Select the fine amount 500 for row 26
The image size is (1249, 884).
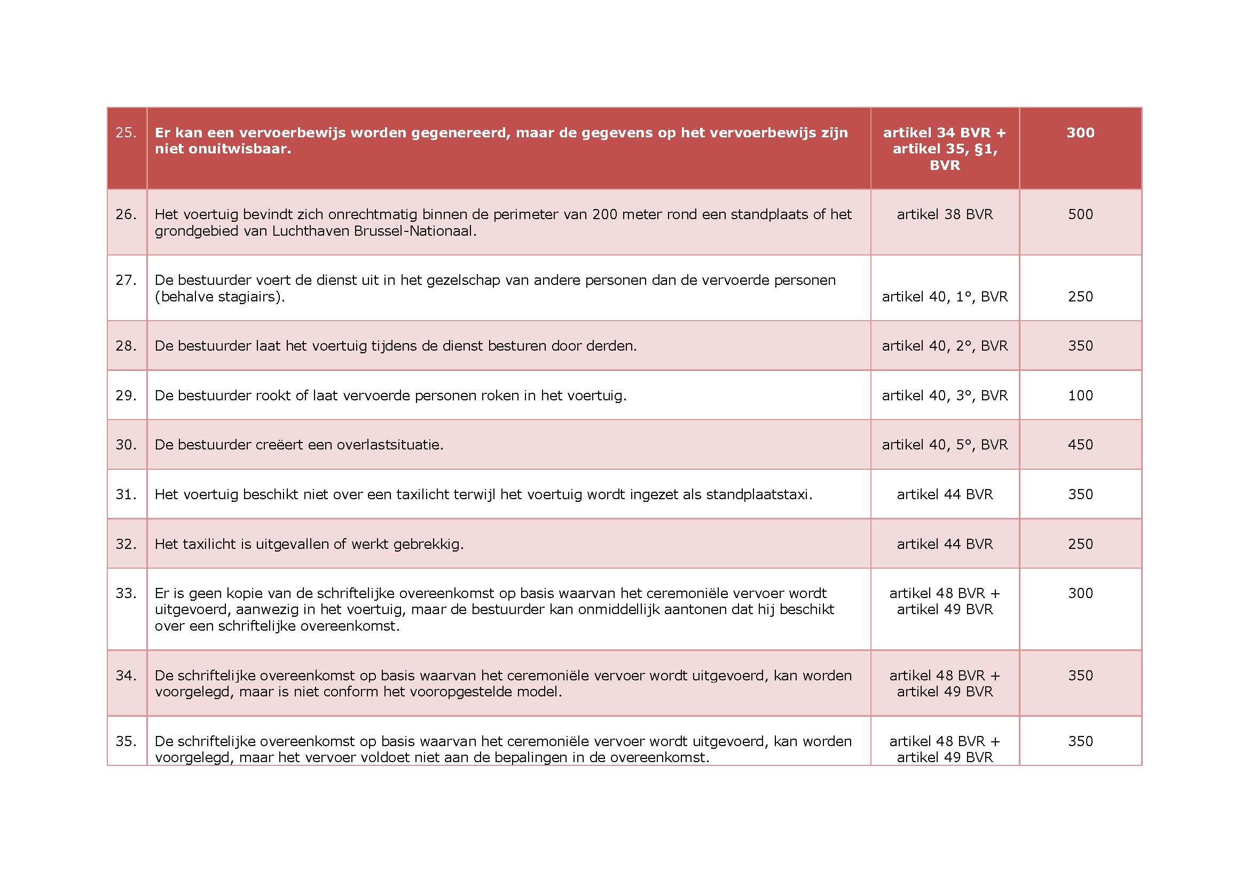coord(1080,214)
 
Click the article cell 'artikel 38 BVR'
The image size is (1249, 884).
coord(945,214)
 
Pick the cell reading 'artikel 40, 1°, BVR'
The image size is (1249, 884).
coord(945,297)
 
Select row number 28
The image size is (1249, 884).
coord(125,346)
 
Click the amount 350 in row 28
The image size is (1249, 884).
coord(1080,346)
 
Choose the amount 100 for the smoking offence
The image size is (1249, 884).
coord(1080,395)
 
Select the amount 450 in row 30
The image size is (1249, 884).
coord(1080,445)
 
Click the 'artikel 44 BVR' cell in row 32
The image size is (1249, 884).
coord(945,544)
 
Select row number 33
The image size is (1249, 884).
coord(125,593)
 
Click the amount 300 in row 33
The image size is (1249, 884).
coord(1080,593)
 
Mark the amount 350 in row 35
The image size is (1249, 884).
coord(1080,741)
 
